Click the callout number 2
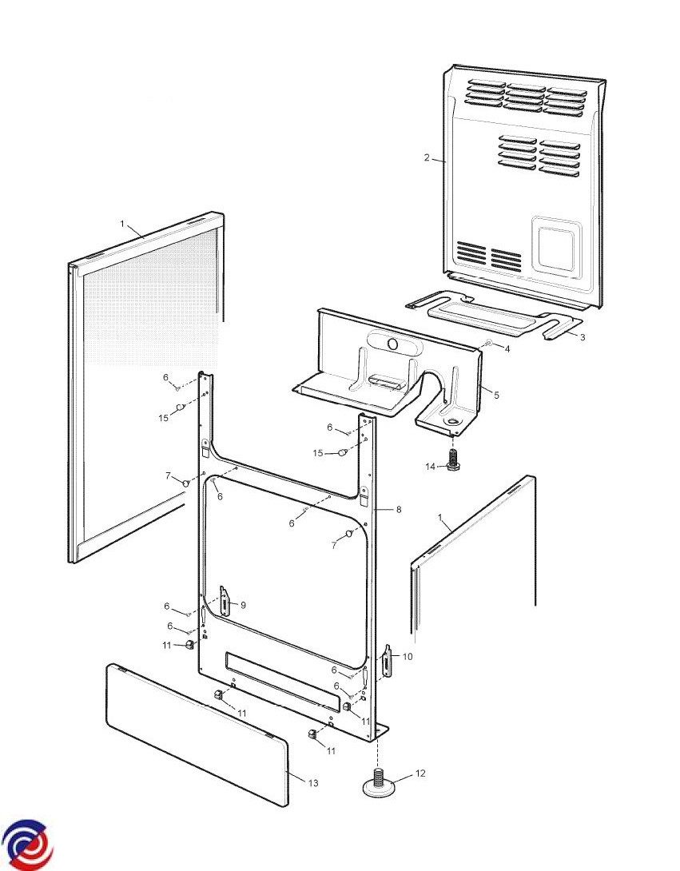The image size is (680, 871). click(427, 157)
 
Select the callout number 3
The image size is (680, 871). click(583, 337)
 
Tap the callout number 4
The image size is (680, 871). click(507, 348)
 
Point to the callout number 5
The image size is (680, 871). click(495, 395)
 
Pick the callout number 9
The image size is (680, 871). click(243, 605)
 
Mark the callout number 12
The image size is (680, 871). click(420, 773)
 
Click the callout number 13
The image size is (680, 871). click(312, 783)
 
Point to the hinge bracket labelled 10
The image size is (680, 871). click(388, 662)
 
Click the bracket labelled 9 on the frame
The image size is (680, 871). click(225, 601)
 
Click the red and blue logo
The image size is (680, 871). click(27, 844)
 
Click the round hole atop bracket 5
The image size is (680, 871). click(392, 344)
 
